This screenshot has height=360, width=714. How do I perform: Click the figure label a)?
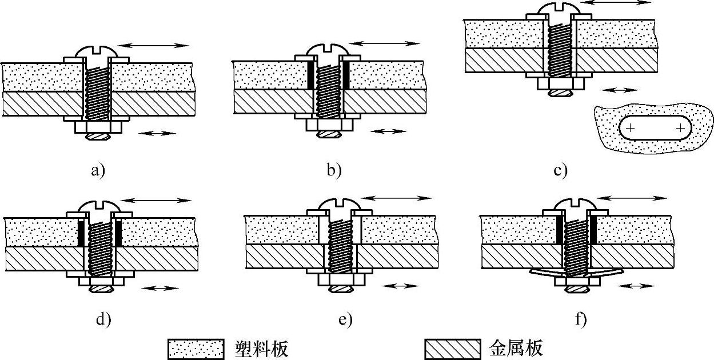(x=97, y=169)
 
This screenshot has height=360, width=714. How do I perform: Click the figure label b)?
(x=333, y=169)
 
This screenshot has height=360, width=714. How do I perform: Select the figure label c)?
(x=560, y=169)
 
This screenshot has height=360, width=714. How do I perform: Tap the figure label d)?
(x=103, y=319)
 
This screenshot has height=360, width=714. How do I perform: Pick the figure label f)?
(x=581, y=319)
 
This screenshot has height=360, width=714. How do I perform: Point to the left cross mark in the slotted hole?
(x=629, y=129)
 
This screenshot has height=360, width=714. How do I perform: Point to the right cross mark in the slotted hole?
(x=680, y=129)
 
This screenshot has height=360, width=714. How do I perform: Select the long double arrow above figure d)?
(x=157, y=199)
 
